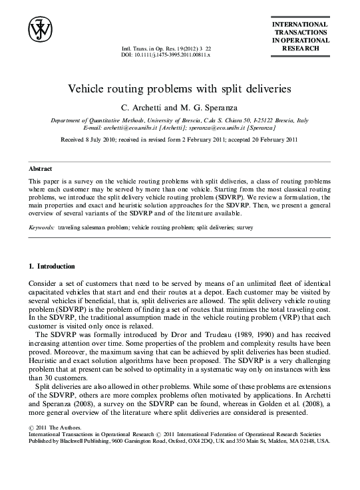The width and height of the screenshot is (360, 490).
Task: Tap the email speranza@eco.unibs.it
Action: (223, 126)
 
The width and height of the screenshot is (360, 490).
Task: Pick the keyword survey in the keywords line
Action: (244, 227)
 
